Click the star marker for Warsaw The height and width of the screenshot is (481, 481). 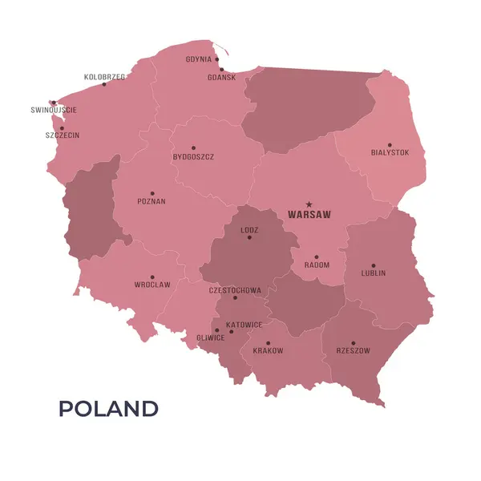(x=309, y=204)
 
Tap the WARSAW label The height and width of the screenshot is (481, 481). (x=309, y=215)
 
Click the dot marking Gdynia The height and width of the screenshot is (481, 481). (x=216, y=59)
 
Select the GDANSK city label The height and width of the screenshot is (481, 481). (x=221, y=78)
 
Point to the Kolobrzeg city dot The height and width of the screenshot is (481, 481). (x=103, y=84)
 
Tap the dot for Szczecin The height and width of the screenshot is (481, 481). (x=62, y=127)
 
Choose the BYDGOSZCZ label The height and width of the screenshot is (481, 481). (x=193, y=157)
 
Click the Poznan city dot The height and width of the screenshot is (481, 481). (x=152, y=193)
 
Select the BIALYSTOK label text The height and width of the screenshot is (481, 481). (x=390, y=152)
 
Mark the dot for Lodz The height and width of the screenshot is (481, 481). (x=249, y=237)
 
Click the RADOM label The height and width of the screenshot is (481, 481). (x=317, y=265)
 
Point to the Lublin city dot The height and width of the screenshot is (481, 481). (x=373, y=265)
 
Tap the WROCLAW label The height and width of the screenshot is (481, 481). (x=152, y=285)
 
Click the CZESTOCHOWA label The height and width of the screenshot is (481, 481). (x=235, y=290)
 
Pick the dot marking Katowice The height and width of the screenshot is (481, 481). (x=232, y=330)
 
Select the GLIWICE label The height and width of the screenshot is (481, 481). (x=210, y=338)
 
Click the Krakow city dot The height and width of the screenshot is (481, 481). (x=268, y=343)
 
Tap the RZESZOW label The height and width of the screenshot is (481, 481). (x=353, y=350)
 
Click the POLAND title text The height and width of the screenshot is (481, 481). (x=108, y=409)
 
